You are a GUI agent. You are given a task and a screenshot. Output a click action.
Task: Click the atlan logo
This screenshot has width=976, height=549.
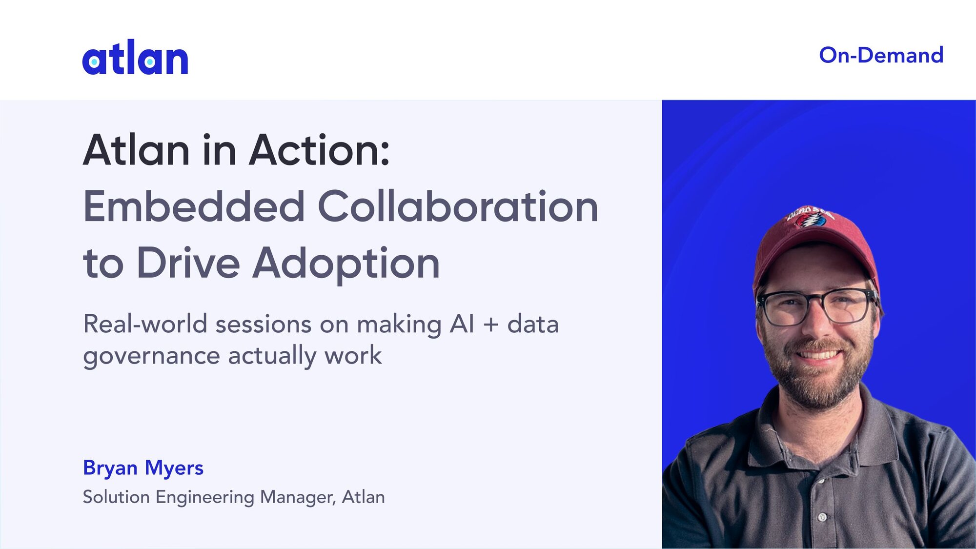tap(135, 57)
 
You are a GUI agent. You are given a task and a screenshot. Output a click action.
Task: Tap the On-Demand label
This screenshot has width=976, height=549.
tap(881, 55)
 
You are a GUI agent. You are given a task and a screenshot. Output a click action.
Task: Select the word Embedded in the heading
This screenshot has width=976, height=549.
tap(194, 206)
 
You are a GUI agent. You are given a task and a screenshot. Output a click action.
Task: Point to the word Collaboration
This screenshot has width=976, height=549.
tap(458, 206)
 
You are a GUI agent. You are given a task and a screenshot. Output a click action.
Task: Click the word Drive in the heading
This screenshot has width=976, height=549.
tap(188, 263)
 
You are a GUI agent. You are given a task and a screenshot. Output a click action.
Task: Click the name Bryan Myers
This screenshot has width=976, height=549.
tap(143, 468)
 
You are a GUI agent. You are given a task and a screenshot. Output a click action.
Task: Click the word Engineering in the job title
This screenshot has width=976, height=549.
tap(205, 497)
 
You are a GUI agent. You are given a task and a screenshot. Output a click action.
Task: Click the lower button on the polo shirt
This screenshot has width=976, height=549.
tap(823, 517)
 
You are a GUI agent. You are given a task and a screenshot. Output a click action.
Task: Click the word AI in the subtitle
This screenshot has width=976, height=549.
tap(462, 324)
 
